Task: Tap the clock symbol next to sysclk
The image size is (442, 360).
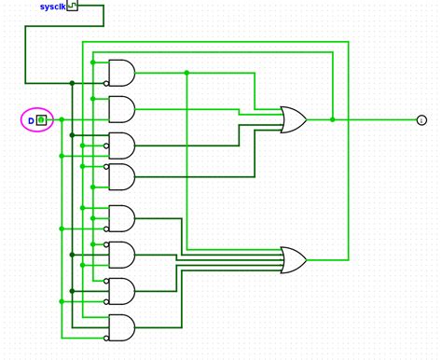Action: (x=72, y=7)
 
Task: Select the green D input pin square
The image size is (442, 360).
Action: (x=41, y=120)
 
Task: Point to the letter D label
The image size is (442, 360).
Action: (x=30, y=120)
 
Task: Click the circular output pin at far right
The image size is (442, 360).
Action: (x=421, y=119)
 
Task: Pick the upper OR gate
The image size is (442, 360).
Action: (x=294, y=119)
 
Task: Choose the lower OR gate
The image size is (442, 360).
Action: (x=294, y=260)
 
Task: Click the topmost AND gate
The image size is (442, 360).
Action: (x=122, y=72)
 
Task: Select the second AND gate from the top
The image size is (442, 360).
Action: (x=122, y=109)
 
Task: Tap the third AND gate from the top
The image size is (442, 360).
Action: (x=122, y=145)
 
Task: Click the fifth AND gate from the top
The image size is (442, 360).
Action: (x=122, y=218)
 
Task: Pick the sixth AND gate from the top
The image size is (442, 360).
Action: (x=122, y=254)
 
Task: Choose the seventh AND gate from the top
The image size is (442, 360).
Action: (x=122, y=291)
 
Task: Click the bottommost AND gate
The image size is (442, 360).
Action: (x=122, y=327)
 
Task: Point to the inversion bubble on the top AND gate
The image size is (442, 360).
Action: (x=106, y=83)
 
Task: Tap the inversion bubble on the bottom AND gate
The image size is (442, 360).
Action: (x=106, y=338)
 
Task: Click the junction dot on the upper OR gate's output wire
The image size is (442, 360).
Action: (x=333, y=119)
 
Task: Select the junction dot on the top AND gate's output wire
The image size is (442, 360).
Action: (x=186, y=72)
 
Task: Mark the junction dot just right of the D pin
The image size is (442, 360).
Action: (x=62, y=120)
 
